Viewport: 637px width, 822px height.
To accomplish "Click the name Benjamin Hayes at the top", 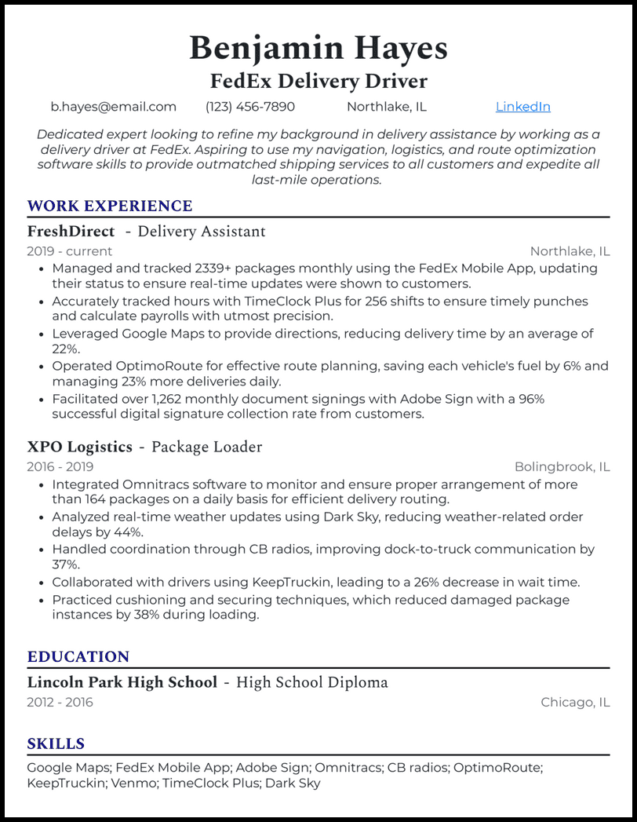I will pyautogui.click(x=318, y=49).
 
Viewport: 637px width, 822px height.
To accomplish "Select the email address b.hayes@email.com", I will pyautogui.click(x=114, y=107).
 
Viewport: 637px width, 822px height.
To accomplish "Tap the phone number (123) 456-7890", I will pyautogui.click(x=250, y=107).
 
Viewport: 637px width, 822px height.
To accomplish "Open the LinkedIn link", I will pyautogui.click(x=522, y=107).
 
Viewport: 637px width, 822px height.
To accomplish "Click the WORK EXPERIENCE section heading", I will pyautogui.click(x=110, y=206).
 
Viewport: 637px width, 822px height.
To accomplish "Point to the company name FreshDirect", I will pyautogui.click(x=71, y=232).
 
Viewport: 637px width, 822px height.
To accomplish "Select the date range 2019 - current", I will pyautogui.click(x=70, y=251).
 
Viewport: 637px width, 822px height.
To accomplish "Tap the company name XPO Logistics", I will pyautogui.click(x=79, y=447).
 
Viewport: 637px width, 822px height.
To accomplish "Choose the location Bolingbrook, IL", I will pyautogui.click(x=562, y=466).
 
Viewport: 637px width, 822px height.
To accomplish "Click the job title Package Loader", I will pyautogui.click(x=206, y=447).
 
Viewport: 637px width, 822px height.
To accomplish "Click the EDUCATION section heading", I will pyautogui.click(x=78, y=657).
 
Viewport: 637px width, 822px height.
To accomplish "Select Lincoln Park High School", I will pyautogui.click(x=122, y=682).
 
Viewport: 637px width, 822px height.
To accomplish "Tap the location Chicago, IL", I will pyautogui.click(x=575, y=702).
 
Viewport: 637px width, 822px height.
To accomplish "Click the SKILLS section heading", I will pyautogui.click(x=56, y=744).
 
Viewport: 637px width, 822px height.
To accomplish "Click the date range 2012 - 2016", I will pyautogui.click(x=60, y=702).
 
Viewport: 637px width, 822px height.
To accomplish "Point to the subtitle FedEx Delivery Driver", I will pyautogui.click(x=318, y=81).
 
